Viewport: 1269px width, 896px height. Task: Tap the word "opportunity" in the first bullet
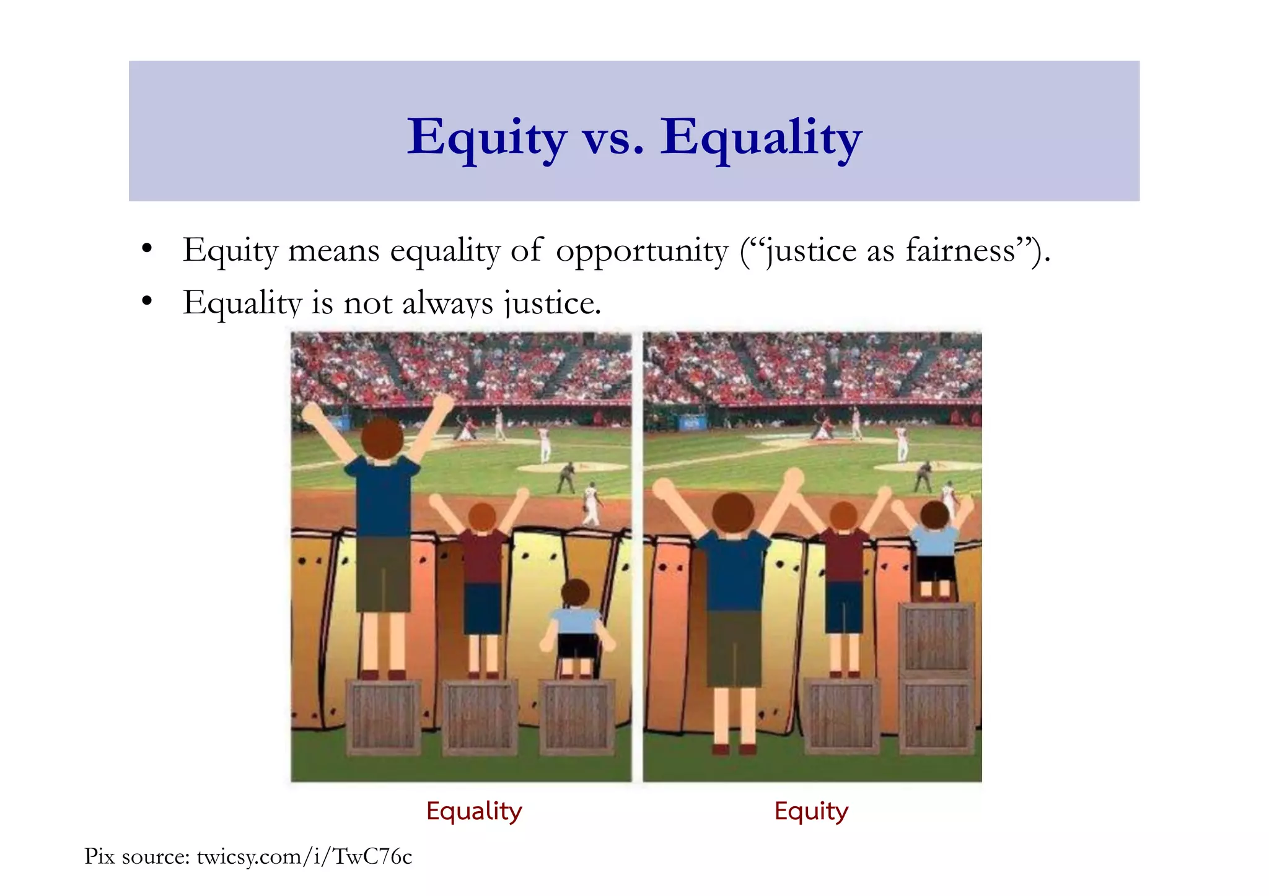tap(641, 251)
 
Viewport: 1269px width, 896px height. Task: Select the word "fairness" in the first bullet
tap(960, 251)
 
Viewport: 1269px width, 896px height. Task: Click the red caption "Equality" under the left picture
tap(474, 811)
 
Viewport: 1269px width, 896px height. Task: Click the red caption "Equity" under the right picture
tap(810, 811)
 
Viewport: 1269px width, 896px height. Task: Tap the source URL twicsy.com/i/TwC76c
tap(304, 856)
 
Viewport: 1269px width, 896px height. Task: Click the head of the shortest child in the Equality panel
tap(576, 593)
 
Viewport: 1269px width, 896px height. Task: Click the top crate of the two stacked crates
tap(936, 638)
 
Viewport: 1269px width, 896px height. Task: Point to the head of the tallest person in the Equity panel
tap(733, 512)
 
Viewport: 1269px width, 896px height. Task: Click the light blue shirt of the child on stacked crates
tap(934, 541)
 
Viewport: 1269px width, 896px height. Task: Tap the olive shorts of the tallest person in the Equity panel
tap(734, 647)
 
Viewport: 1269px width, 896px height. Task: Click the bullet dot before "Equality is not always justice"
tap(147, 302)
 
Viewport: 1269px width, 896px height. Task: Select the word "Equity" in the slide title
tap(486, 137)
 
